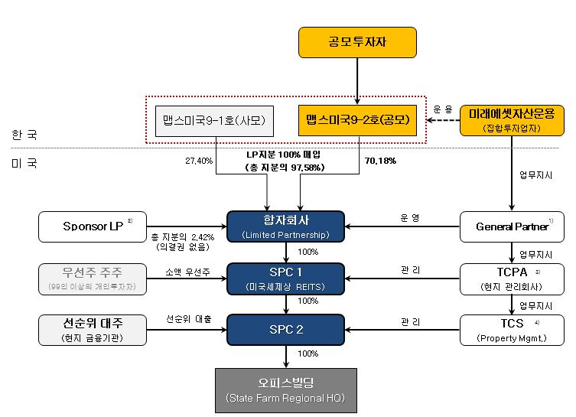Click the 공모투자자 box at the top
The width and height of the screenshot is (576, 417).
357,42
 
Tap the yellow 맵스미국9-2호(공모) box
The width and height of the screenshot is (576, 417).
357,120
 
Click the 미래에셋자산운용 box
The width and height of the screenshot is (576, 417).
512,120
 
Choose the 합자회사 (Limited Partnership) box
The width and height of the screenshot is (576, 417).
286,226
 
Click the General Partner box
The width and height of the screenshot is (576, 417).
511,226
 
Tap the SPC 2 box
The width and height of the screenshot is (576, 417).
286,329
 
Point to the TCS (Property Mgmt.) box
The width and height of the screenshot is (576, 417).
511,330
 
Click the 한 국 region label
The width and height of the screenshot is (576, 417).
24,135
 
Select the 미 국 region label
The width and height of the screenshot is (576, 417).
24,163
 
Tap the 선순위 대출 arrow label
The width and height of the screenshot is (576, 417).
188,318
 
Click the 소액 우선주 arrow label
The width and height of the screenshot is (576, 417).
188,272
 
